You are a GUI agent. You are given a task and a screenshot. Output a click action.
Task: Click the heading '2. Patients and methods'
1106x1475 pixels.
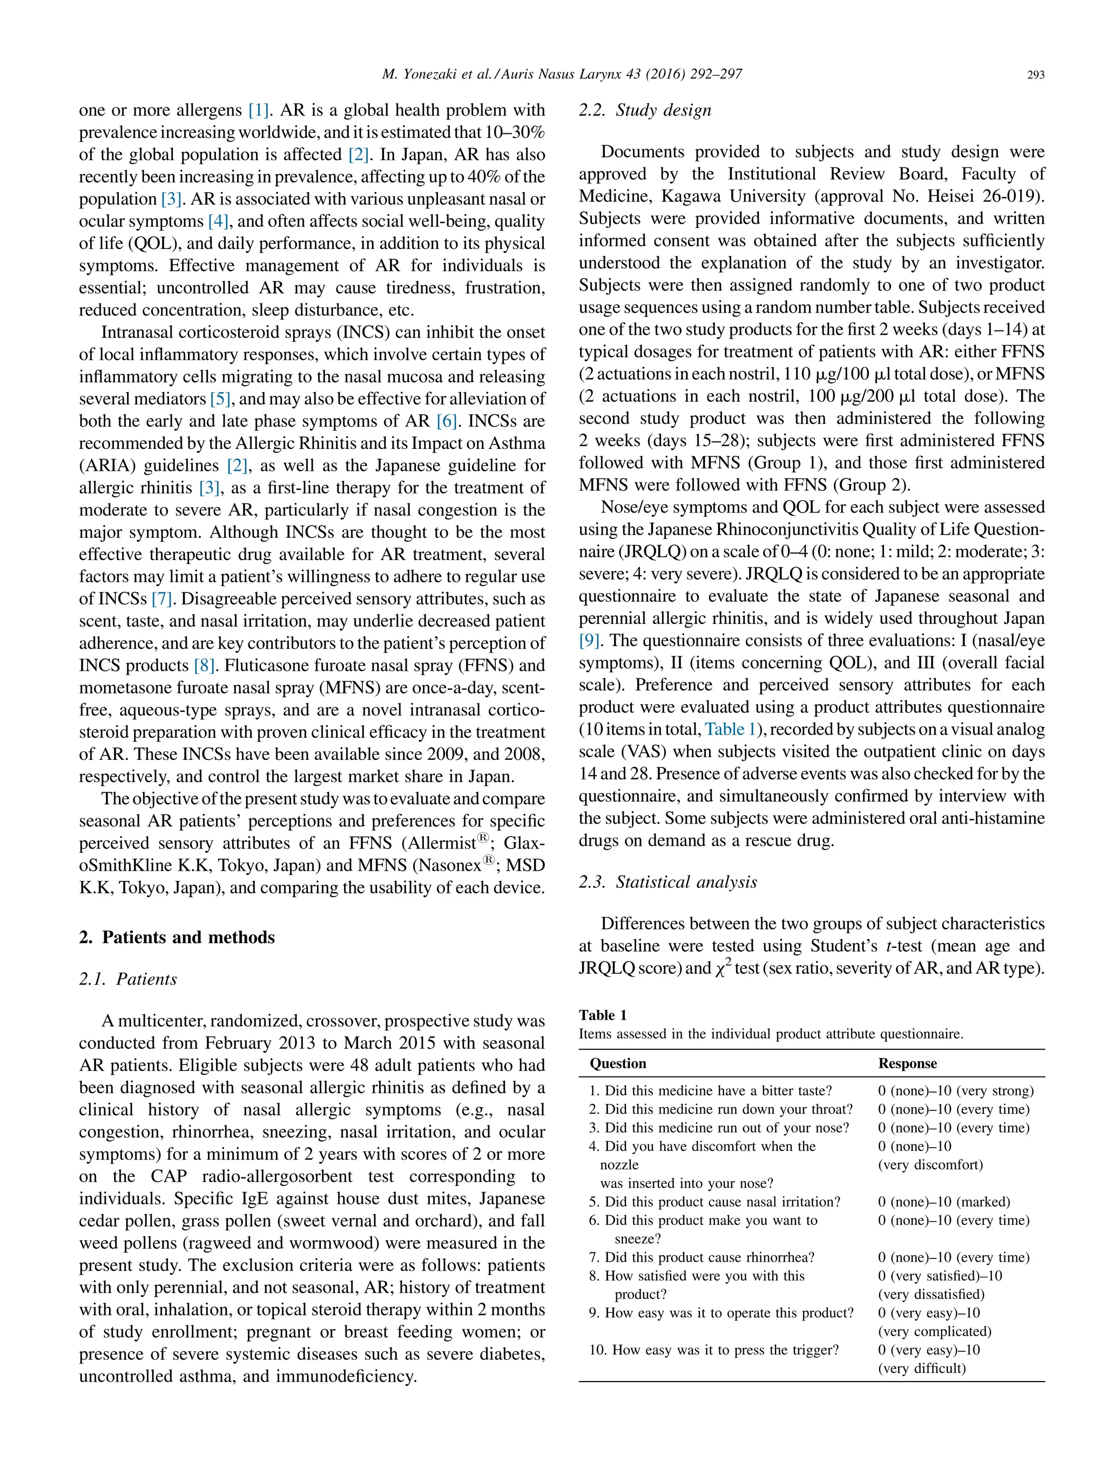point(177,938)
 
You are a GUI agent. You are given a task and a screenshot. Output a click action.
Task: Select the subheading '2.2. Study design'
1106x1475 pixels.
point(645,111)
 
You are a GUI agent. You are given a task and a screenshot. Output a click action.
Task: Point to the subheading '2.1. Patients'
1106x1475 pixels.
point(128,980)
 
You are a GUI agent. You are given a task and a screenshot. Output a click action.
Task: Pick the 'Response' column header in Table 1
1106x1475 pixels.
point(907,1063)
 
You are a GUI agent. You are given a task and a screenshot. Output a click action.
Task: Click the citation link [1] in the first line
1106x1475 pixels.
point(259,111)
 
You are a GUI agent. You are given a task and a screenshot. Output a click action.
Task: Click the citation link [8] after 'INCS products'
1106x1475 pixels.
point(205,666)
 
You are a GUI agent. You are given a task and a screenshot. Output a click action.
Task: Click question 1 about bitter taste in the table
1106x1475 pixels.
point(711,1091)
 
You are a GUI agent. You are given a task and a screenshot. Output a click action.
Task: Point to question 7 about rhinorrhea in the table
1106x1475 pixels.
point(702,1258)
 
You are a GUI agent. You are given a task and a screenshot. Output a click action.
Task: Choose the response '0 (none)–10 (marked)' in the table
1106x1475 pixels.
point(944,1202)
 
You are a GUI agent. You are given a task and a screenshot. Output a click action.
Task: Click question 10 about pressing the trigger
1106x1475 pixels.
point(714,1350)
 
